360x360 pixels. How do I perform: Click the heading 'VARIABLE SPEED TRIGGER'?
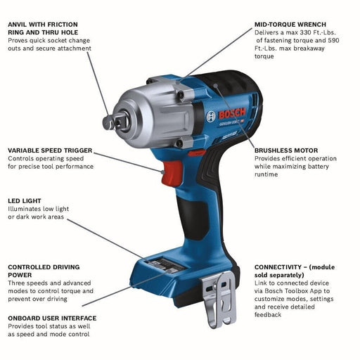pyautogui.click(x=50, y=150)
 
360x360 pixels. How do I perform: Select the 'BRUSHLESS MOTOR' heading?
pyautogui.click(x=286, y=150)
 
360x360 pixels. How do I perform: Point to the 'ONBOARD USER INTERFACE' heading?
pyautogui.click(x=52, y=318)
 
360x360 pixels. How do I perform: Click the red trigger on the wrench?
pyautogui.click(x=171, y=172)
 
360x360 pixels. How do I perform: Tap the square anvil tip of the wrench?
pyautogui.click(x=110, y=122)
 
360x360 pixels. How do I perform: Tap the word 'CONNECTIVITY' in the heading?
pyautogui.click(x=280, y=267)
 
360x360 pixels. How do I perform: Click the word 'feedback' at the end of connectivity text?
pyautogui.click(x=268, y=314)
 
